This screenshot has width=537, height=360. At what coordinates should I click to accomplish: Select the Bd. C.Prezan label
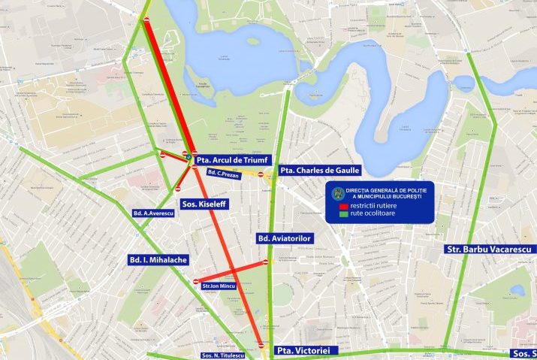(222, 174)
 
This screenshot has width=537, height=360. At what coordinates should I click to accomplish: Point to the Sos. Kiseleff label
(207, 203)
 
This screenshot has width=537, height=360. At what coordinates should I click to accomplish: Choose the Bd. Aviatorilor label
(284, 238)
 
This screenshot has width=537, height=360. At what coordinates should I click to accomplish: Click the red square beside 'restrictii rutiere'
(343, 205)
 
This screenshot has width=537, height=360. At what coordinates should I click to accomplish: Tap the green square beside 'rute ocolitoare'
(343, 213)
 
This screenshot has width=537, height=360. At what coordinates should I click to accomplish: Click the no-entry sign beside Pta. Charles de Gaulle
(261, 174)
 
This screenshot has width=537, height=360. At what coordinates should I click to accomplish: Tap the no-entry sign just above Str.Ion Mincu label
(196, 281)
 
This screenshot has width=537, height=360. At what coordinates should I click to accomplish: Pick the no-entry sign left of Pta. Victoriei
(261, 345)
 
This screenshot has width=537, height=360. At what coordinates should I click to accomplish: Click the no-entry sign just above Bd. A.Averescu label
(178, 189)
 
